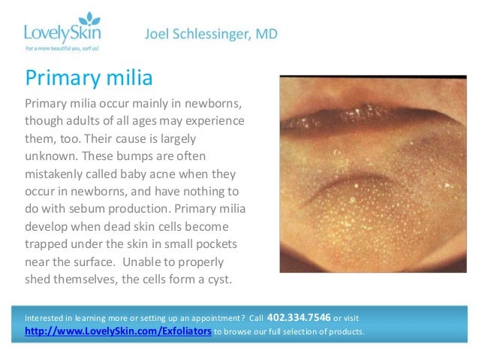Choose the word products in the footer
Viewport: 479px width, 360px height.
344,331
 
